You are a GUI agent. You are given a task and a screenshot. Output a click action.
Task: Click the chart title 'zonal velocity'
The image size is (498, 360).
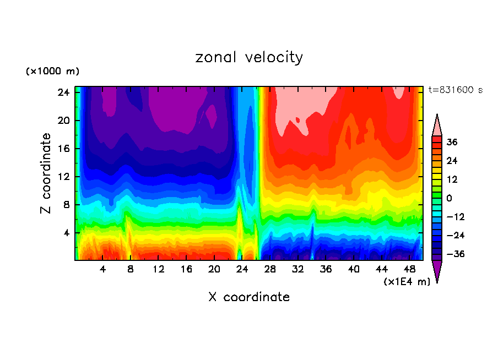point(249,57)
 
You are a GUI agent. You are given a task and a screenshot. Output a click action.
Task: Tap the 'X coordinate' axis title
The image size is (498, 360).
point(249,297)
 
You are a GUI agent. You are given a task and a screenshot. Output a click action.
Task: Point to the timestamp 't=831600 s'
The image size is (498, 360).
point(455,90)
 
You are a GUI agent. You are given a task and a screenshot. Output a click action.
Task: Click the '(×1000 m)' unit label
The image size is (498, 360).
point(53,72)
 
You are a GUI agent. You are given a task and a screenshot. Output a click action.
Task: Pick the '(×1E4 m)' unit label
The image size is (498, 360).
point(407,282)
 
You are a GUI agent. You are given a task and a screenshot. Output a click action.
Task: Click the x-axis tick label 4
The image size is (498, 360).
point(103,269)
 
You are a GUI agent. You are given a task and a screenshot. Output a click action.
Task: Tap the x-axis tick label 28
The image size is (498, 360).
point(270,269)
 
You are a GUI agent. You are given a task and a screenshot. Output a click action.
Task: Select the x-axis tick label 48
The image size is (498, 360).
point(409,269)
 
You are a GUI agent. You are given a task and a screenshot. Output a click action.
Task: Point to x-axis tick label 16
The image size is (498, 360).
point(186,269)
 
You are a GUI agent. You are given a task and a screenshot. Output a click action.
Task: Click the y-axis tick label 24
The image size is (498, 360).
point(62,92)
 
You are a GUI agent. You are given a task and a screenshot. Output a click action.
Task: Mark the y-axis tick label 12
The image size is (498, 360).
point(62,177)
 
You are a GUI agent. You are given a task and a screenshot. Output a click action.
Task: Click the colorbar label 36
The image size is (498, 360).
point(452,142)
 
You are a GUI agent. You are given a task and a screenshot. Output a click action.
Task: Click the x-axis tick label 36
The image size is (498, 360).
point(326,269)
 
